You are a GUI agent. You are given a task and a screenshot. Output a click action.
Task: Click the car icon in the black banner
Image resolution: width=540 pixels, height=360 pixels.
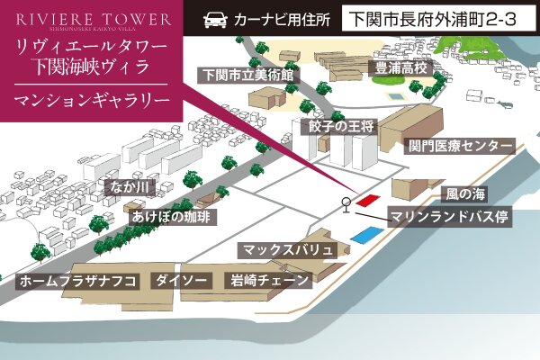click(216, 18)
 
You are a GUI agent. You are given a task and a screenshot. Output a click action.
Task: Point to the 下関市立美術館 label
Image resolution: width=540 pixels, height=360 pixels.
click(249, 76)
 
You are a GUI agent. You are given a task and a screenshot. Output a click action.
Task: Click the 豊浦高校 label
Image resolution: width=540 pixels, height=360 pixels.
click(404, 67)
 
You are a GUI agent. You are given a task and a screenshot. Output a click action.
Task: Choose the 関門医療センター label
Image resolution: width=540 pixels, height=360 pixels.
click(460, 145)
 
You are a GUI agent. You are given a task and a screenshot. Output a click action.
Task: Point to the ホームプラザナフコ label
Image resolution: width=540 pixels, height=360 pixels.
click(77, 281)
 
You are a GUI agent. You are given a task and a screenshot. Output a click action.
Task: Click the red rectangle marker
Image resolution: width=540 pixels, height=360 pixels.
click(366, 201)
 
